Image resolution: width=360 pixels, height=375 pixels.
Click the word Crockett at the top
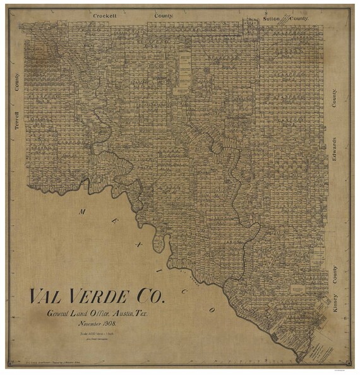click(105, 14)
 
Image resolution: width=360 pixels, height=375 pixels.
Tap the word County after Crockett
click(164, 14)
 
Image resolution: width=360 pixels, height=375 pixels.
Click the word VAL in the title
click(47, 297)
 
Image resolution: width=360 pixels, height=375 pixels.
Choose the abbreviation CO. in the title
click(152, 297)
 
